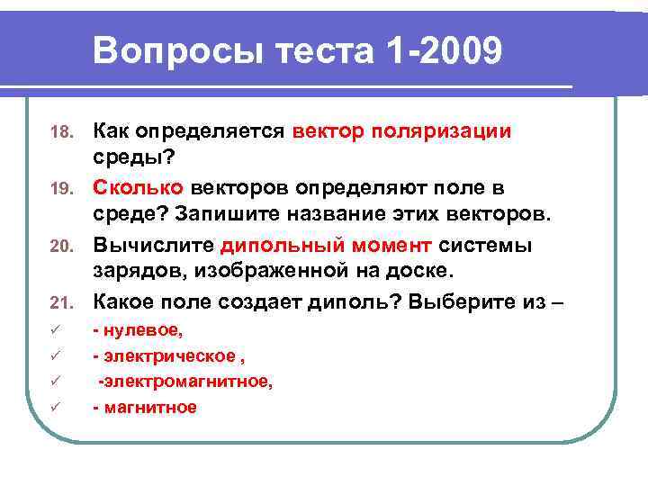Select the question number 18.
[59, 133]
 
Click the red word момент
[388, 246]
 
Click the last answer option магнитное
[148, 407]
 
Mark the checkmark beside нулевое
[56, 332]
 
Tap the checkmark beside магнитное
[56, 408]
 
